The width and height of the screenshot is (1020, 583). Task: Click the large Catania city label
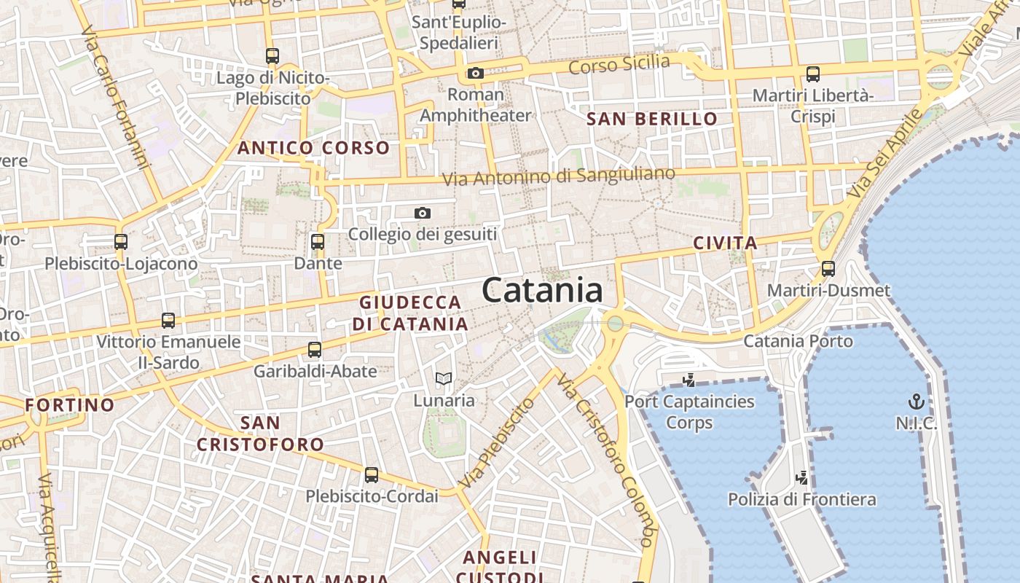pyautogui.click(x=542, y=291)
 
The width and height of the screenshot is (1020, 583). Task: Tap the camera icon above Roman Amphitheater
pyautogui.click(x=476, y=73)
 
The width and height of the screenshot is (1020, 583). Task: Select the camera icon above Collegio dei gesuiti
pyautogui.click(x=423, y=213)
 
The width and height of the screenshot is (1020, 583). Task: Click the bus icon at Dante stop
pyautogui.click(x=317, y=241)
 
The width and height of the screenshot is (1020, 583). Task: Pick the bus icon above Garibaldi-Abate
pyautogui.click(x=315, y=349)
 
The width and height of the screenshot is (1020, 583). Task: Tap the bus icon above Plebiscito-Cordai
pyautogui.click(x=372, y=475)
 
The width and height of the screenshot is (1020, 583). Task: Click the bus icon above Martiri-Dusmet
pyautogui.click(x=828, y=268)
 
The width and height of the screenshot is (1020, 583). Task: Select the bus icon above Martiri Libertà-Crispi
pyautogui.click(x=813, y=74)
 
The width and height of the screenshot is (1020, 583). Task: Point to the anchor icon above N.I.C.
pyautogui.click(x=916, y=402)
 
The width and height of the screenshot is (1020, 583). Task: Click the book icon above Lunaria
pyautogui.click(x=444, y=378)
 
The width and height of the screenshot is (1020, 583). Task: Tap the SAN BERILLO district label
pyautogui.click(x=652, y=119)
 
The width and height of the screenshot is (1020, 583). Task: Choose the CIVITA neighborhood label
pyautogui.click(x=725, y=243)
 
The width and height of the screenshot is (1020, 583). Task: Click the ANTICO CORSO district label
pyautogui.click(x=314, y=148)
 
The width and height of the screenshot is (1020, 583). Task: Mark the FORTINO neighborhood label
pyautogui.click(x=70, y=405)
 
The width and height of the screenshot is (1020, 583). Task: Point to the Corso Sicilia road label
pyautogui.click(x=619, y=65)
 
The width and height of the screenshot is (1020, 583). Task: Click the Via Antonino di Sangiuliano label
pyautogui.click(x=559, y=176)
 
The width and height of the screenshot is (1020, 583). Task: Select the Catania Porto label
pyautogui.click(x=798, y=341)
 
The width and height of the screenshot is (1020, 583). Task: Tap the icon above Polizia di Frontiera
pyautogui.click(x=801, y=478)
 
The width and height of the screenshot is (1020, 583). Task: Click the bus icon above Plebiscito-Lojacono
pyautogui.click(x=121, y=241)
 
